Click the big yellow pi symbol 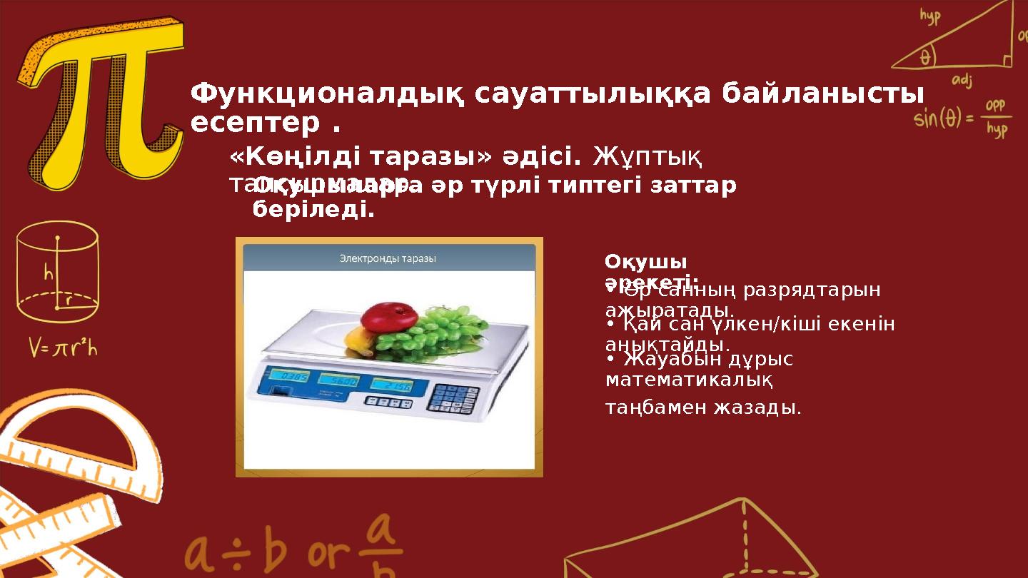point(107,107)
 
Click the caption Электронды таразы point(388,258)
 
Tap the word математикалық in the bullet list point(688,380)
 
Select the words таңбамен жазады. point(702,407)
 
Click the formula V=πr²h point(63,348)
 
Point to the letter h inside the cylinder point(49,274)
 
